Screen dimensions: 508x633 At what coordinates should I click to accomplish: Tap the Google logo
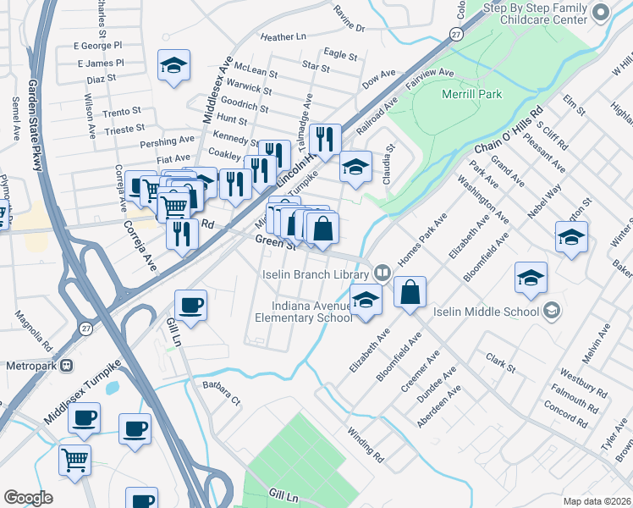tap(29, 497)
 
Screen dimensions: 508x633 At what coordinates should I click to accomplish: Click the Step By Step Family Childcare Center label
tap(535, 13)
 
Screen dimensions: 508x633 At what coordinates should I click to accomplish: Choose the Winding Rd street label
tap(366, 444)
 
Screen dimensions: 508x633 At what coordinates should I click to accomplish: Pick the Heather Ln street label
tap(283, 37)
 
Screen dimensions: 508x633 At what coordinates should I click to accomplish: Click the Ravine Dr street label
tap(349, 28)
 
